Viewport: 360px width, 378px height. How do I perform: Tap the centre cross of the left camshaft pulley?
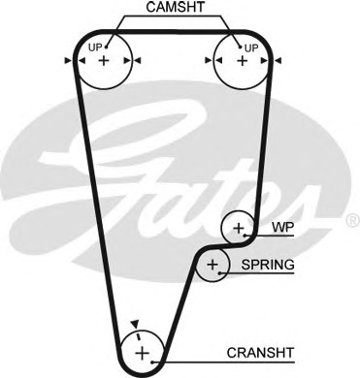click(104, 60)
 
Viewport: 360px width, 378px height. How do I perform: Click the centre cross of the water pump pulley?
click(238, 230)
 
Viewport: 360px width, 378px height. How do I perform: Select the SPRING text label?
click(268, 265)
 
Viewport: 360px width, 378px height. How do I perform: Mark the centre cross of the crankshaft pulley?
click(142, 351)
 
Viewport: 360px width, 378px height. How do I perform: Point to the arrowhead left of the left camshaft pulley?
click(68, 60)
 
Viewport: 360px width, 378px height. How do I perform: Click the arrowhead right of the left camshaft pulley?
click(139, 60)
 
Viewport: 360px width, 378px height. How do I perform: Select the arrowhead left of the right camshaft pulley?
click(207, 60)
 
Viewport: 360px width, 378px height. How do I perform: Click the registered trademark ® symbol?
click(351, 222)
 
